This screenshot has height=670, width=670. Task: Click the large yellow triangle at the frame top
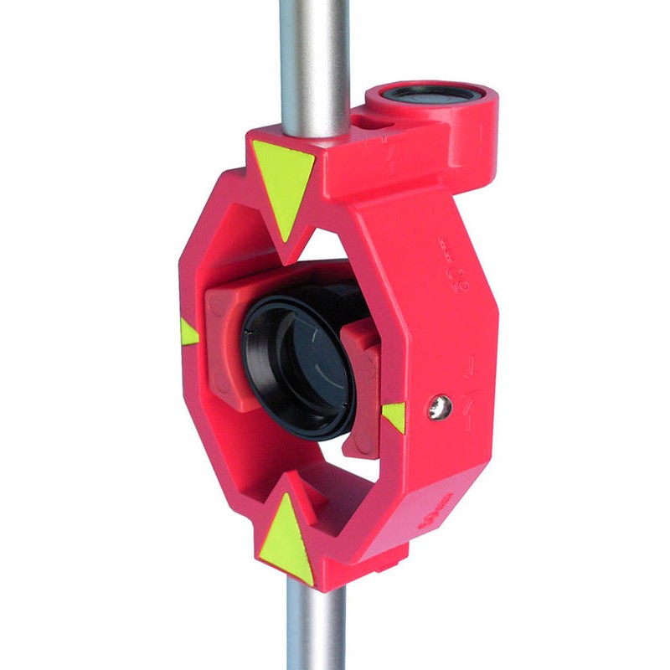click(x=283, y=181)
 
